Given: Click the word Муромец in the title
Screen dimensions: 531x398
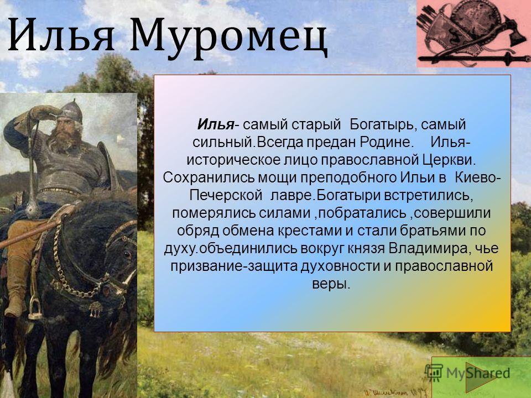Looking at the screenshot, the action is pos(228,38).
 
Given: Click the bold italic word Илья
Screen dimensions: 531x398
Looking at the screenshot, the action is pos(216,124).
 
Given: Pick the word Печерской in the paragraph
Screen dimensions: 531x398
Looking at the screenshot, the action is pos(226,196).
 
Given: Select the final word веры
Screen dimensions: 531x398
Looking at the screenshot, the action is pos(331,284).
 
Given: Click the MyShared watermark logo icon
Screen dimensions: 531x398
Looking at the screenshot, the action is pos(434,373).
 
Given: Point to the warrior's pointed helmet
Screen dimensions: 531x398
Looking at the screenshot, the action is pos(72,111).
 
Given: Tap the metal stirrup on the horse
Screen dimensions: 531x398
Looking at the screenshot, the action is pos(35,308).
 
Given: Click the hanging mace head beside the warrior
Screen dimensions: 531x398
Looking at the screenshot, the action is pos(33,209).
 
